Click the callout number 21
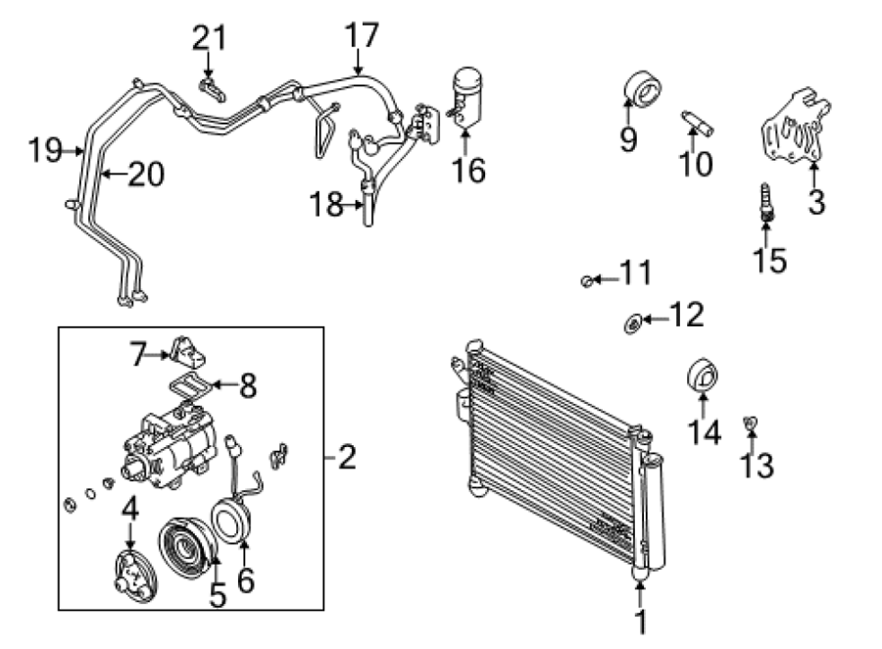click(210, 38)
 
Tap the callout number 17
click(361, 35)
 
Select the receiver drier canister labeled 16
click(466, 96)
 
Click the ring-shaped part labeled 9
click(642, 89)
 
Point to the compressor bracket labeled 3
click(796, 126)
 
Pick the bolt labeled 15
click(766, 202)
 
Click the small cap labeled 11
click(586, 280)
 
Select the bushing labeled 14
click(703, 374)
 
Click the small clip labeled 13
click(750, 423)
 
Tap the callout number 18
click(326, 204)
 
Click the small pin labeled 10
click(698, 124)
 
